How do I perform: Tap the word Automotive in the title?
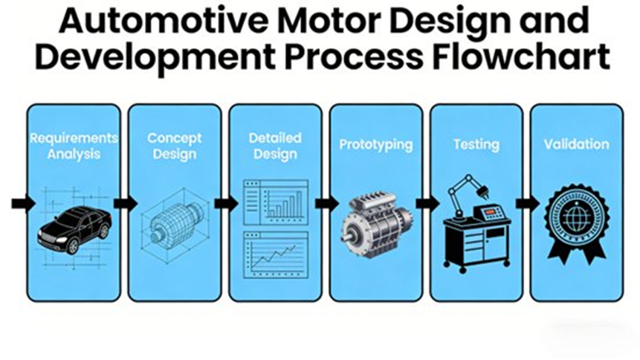[x=149, y=21]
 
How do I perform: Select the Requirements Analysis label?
[x=73, y=147]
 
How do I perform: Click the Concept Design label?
[x=174, y=147]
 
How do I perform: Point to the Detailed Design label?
[x=275, y=147]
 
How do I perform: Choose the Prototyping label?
[x=375, y=144]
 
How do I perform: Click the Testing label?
[x=476, y=144]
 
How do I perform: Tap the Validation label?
[x=576, y=144]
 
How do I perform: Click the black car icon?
[x=74, y=228]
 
